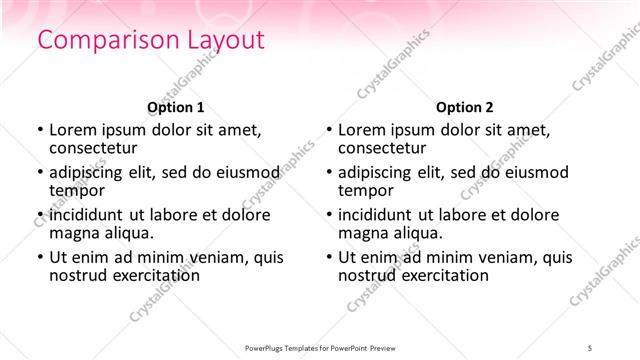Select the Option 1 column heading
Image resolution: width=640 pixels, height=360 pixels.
[x=175, y=106]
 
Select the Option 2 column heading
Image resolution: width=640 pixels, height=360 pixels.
[x=464, y=106]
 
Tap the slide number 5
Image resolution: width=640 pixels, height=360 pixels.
[x=590, y=346]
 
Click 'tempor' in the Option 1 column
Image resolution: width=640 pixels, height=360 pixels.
[x=77, y=190]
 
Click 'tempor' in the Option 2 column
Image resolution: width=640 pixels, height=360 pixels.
[x=366, y=190]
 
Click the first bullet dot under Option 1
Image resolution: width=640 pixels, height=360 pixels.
[x=39, y=130]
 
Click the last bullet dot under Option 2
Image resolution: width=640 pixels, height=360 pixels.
[x=328, y=257]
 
